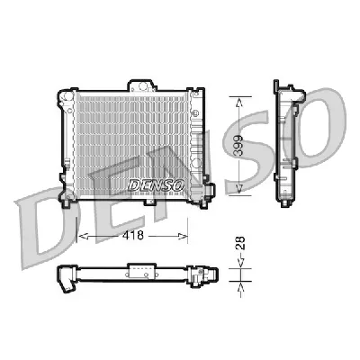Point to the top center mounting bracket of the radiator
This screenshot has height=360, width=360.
click(x=143, y=87)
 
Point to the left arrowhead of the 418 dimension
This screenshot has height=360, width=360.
click(x=84, y=236)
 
